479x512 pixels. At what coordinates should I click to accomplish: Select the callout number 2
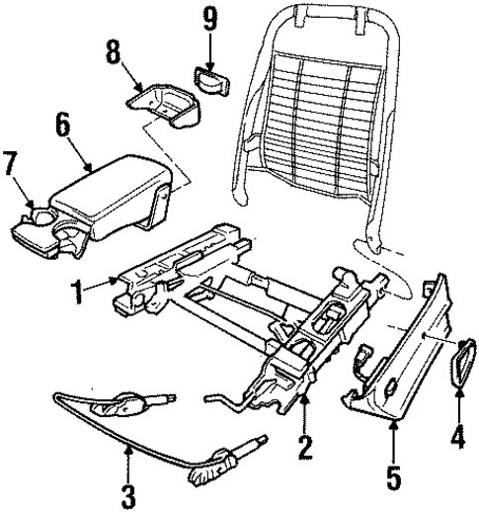306,450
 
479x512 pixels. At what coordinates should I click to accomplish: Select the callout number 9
208,18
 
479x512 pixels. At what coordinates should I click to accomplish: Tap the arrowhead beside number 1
115,284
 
